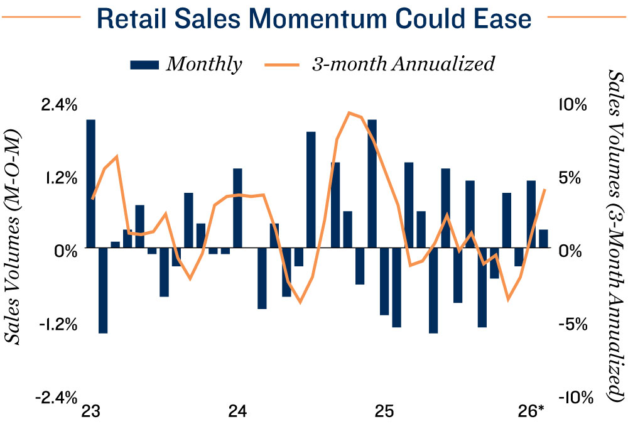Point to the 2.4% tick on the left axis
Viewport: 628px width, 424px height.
click(x=60, y=105)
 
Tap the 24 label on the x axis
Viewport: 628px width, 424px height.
click(x=237, y=411)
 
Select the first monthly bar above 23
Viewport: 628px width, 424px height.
click(x=91, y=184)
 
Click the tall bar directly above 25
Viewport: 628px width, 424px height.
click(x=372, y=184)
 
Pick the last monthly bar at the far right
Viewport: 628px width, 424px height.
click(x=543, y=239)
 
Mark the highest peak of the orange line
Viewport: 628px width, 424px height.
click(x=349, y=112)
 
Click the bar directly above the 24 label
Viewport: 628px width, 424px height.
click(x=237, y=209)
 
